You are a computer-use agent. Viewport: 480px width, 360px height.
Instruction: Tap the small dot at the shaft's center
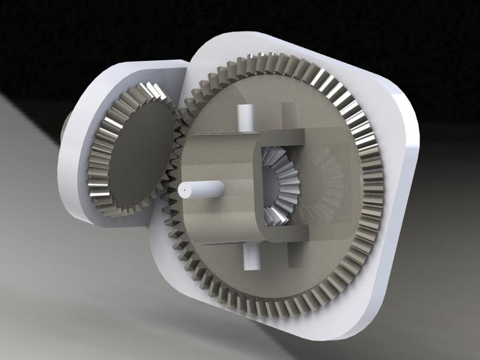[185, 192]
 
